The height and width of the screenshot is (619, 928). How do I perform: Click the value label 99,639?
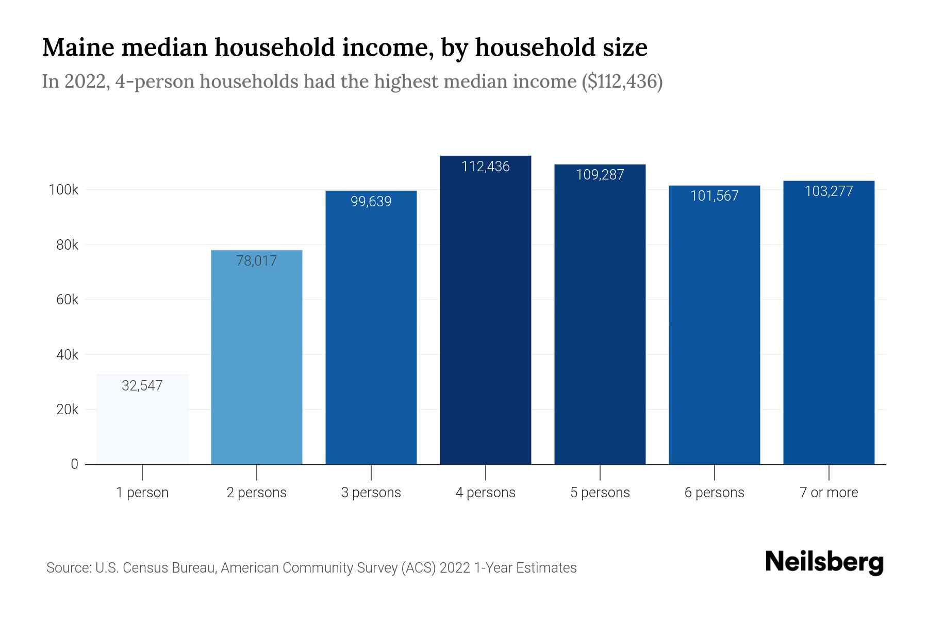tap(371, 202)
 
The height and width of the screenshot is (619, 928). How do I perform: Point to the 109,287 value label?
tap(600, 175)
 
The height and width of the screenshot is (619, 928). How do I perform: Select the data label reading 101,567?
tap(715, 196)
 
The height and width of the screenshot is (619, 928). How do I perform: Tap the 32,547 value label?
tap(142, 386)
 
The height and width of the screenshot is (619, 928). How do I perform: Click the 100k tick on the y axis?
tap(63, 190)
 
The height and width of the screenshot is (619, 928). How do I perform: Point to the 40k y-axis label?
tap(67, 355)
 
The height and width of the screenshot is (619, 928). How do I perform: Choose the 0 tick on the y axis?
tap(75, 464)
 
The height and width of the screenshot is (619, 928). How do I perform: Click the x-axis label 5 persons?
tap(600, 493)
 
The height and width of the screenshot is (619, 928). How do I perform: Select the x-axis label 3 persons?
tap(371, 493)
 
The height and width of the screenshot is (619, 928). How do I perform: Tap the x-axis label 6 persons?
tap(715, 493)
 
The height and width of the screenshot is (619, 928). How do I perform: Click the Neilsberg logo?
tap(824, 562)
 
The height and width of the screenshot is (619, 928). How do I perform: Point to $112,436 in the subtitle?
tap(622, 82)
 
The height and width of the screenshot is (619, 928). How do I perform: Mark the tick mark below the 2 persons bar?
tap(257, 473)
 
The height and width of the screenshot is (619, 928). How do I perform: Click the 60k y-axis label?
tap(67, 300)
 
